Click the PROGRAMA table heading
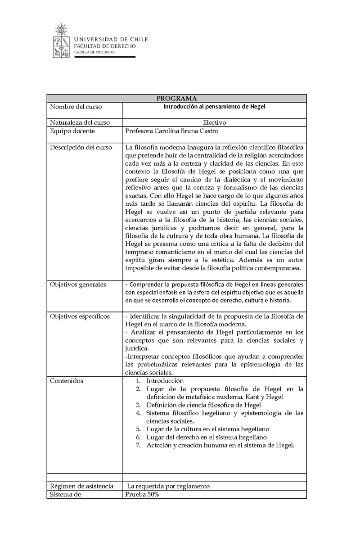coord(176,99)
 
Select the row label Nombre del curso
coord(76,107)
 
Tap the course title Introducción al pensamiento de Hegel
coord(214,107)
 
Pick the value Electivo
coord(214,122)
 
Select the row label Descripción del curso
coord(81,147)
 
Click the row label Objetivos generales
coord(78,285)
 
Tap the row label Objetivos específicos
coord(80,316)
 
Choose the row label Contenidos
coord(67,381)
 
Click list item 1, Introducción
coord(165,381)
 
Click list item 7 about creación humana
coord(220,445)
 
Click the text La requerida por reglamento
coord(168,486)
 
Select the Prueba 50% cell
coord(142,494)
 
